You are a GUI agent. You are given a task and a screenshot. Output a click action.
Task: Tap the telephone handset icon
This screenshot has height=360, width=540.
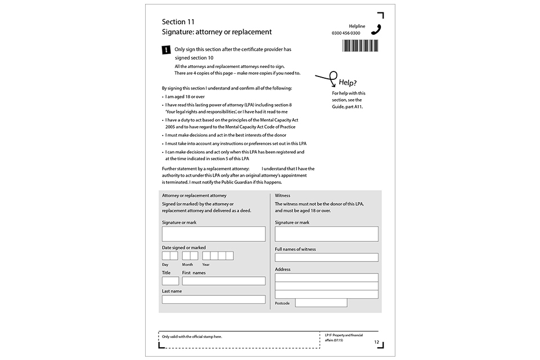click(x=376, y=29)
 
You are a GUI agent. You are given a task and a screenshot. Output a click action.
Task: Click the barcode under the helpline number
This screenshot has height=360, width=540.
click(x=360, y=46)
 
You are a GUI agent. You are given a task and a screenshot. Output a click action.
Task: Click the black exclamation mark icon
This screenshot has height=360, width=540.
click(x=166, y=50)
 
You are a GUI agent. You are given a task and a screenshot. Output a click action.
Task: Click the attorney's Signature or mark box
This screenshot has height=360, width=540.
click(x=213, y=234)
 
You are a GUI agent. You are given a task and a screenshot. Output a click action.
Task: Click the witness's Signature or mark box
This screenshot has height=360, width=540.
click(x=326, y=234)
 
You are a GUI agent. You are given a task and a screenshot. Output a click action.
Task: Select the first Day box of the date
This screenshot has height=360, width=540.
click(x=166, y=256)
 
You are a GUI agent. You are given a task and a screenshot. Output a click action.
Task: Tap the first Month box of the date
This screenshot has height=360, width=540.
click(x=186, y=256)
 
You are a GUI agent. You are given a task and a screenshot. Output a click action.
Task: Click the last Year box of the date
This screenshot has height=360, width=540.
click(x=229, y=256)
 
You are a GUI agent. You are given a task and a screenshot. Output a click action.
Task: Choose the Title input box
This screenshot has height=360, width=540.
click(x=170, y=281)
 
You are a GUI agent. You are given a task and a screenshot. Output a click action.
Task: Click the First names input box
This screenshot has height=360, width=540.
click(x=223, y=281)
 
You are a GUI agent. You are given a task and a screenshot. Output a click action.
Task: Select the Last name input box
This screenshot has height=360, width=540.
click(x=213, y=299)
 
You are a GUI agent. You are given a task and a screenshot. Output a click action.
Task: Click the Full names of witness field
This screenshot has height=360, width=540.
click(x=326, y=258)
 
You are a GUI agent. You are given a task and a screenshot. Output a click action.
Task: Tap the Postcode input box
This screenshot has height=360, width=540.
click(x=321, y=303)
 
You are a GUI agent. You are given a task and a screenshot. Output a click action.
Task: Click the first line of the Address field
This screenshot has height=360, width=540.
click(x=326, y=277)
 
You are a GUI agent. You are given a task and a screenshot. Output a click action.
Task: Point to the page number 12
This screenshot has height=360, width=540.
click(x=376, y=341)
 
